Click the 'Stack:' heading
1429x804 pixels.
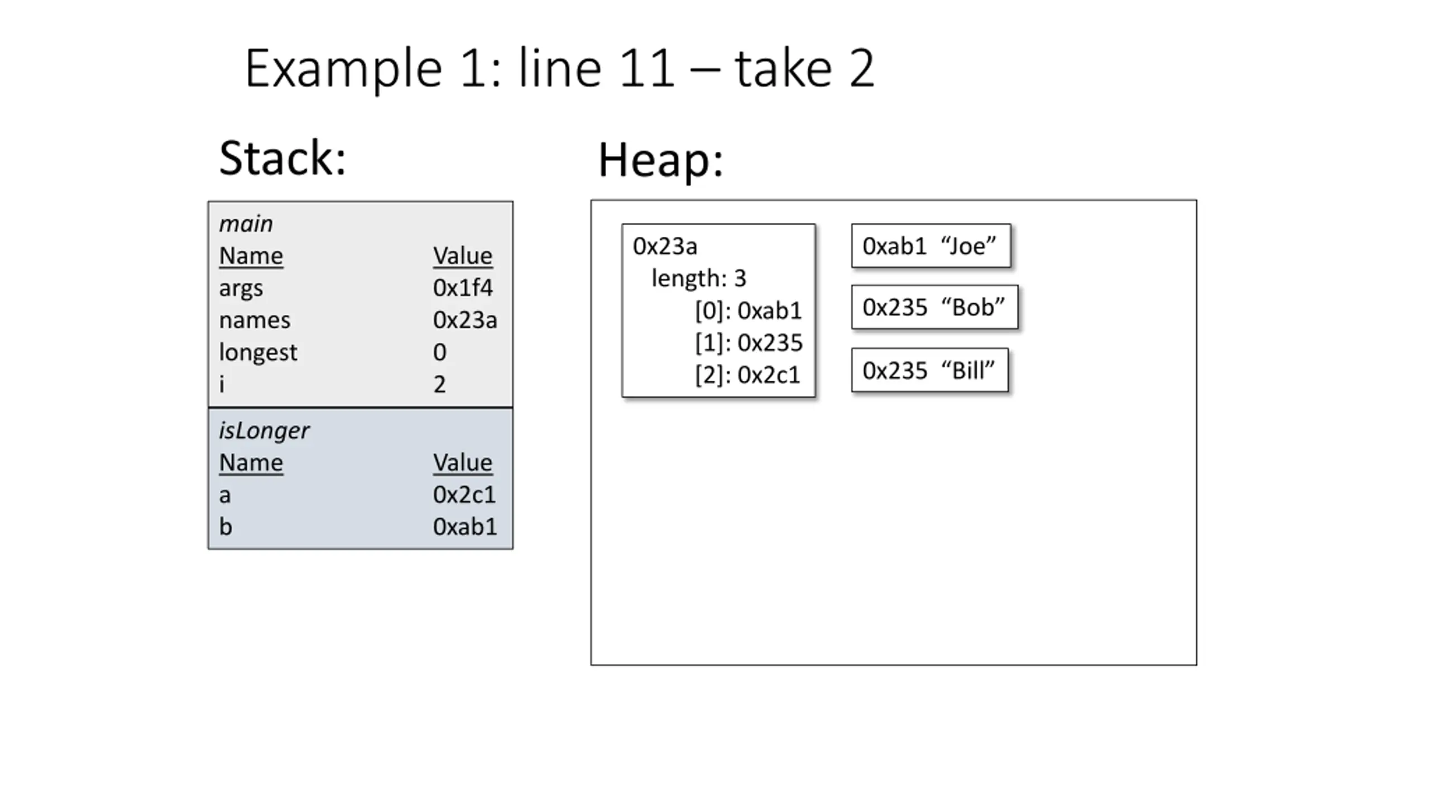(282, 158)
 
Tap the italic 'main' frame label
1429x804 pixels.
(246, 224)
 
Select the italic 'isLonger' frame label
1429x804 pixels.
(263, 430)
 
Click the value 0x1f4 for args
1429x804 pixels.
(463, 288)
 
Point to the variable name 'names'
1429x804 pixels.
(255, 320)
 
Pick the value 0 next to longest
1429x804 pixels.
(440, 352)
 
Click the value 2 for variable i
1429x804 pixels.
(440, 384)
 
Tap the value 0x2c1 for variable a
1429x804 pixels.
(464, 495)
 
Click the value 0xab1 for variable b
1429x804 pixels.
(465, 527)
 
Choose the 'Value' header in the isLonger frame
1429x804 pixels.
(463, 463)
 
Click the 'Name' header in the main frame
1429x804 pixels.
(251, 256)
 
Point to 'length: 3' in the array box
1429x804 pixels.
(699, 279)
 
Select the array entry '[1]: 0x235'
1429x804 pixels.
(749, 343)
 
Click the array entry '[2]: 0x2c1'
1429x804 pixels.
(748, 375)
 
